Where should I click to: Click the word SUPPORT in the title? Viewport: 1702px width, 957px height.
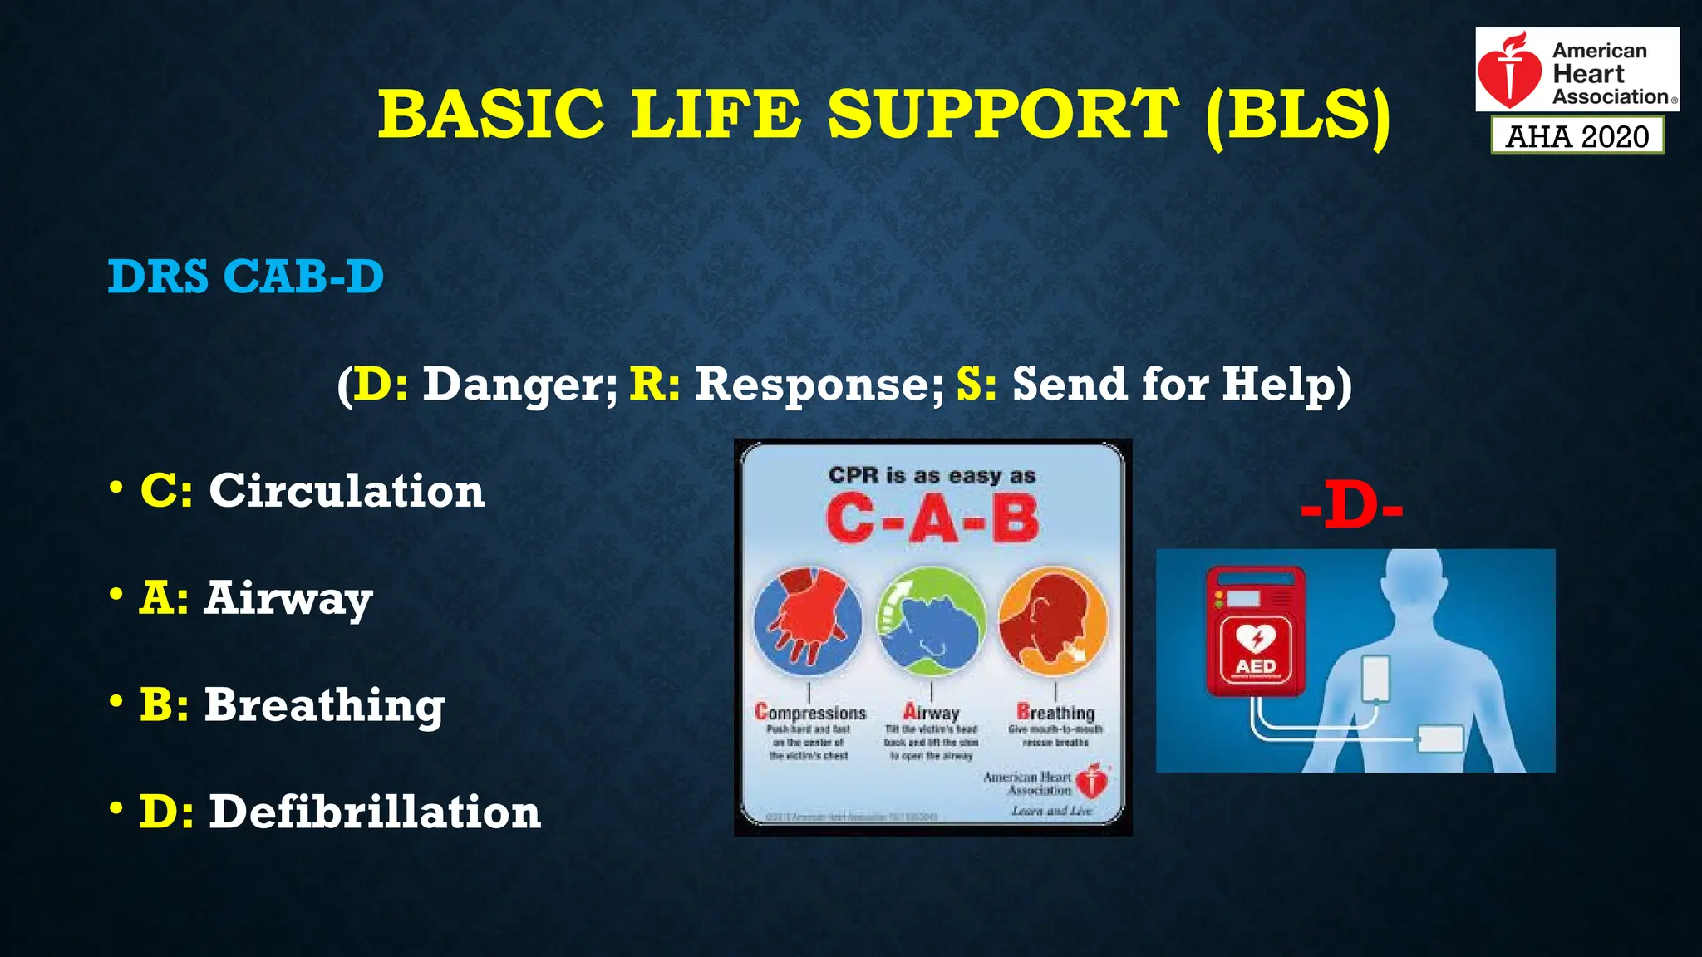[x=1002, y=114]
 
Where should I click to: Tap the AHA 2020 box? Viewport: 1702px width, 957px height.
[x=1577, y=135]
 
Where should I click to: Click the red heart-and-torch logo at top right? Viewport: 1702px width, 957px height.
[x=1511, y=71]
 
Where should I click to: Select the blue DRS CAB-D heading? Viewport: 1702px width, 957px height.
[x=246, y=277]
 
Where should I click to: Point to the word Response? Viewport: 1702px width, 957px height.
[x=819, y=385]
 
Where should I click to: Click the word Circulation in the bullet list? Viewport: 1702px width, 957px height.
[x=347, y=491]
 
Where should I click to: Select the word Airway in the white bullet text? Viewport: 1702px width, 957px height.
[x=288, y=598]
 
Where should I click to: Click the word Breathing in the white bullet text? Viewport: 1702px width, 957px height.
[x=324, y=705]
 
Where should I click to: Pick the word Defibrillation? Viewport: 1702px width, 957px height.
[x=374, y=812]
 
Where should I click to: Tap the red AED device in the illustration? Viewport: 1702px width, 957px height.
[x=1255, y=631]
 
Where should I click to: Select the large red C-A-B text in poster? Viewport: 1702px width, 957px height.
[x=932, y=520]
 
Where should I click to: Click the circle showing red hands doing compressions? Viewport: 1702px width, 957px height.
[x=808, y=621]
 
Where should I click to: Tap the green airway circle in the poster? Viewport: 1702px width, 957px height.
[x=931, y=621]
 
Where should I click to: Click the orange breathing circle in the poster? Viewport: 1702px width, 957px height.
[x=1053, y=621]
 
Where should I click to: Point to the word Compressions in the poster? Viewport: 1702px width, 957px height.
[x=810, y=713]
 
